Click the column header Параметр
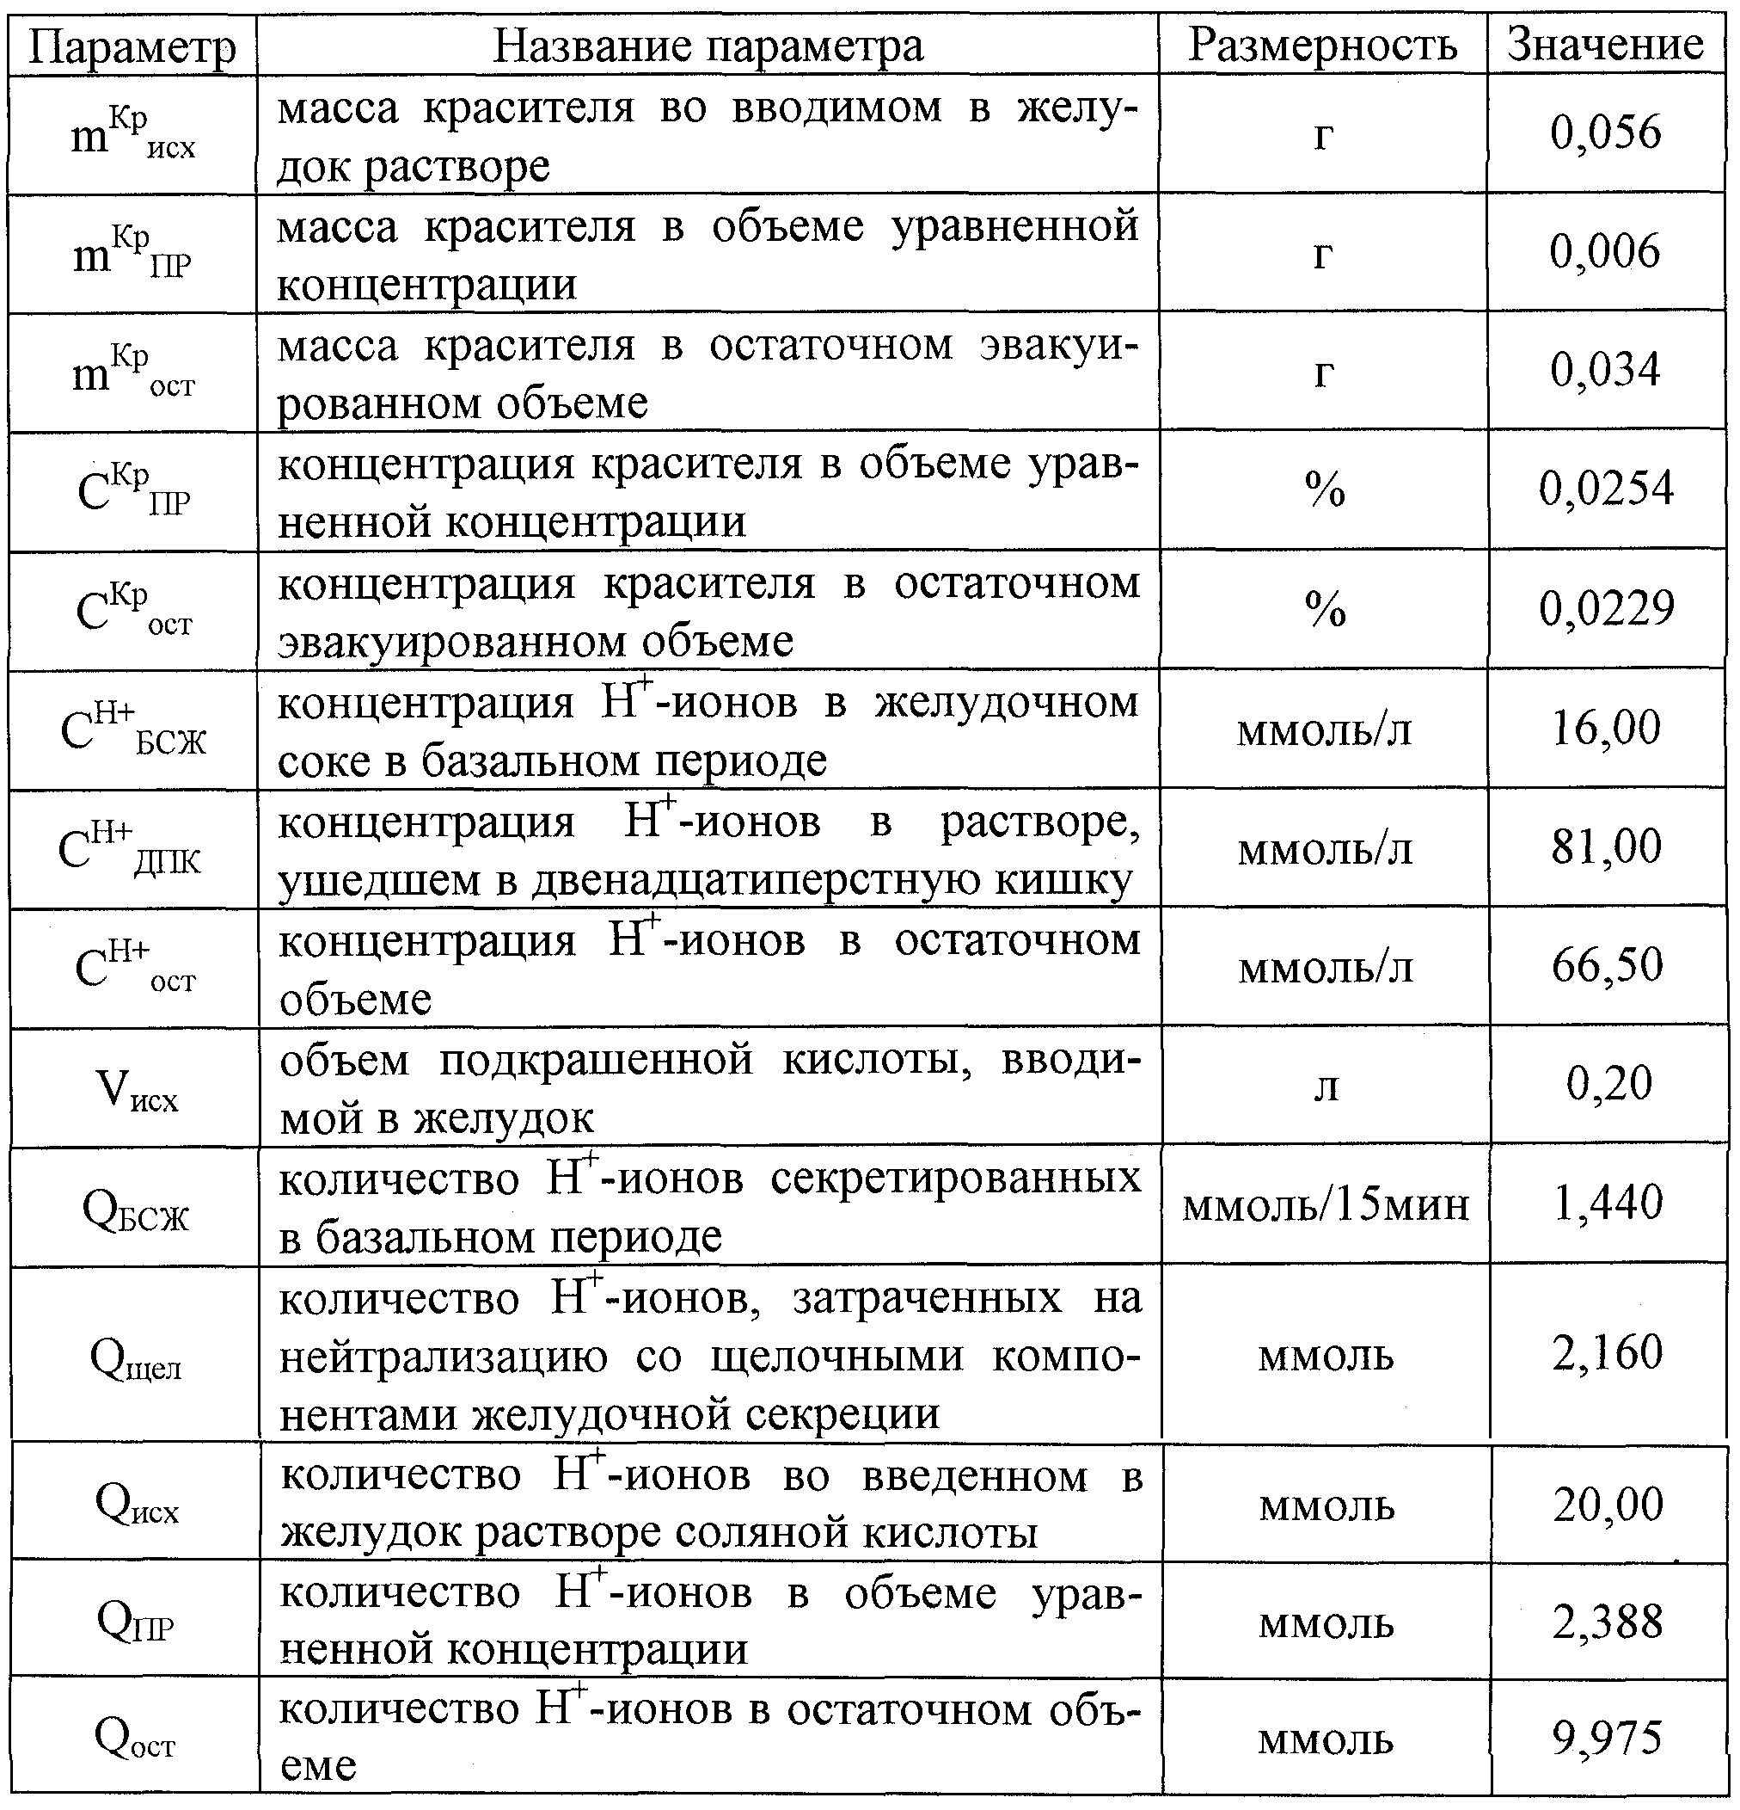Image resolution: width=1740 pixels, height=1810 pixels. [x=132, y=46]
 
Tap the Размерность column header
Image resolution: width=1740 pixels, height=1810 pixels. [x=1322, y=46]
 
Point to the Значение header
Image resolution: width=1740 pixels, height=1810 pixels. [x=1605, y=45]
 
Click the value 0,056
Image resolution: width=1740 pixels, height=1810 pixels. [x=1605, y=132]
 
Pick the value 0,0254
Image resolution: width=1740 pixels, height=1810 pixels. [x=1605, y=488]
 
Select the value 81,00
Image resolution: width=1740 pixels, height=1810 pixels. [x=1605, y=846]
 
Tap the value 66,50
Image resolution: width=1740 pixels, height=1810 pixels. [x=1605, y=964]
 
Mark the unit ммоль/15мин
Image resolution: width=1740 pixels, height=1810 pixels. [x=1326, y=1205]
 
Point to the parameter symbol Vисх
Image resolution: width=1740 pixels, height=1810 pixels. [x=136, y=1090]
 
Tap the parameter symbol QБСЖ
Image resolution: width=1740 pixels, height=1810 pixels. [x=136, y=1210]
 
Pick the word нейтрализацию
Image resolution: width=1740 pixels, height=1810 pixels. [x=444, y=1357]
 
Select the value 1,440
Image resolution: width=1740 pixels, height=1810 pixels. [x=1607, y=1203]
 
